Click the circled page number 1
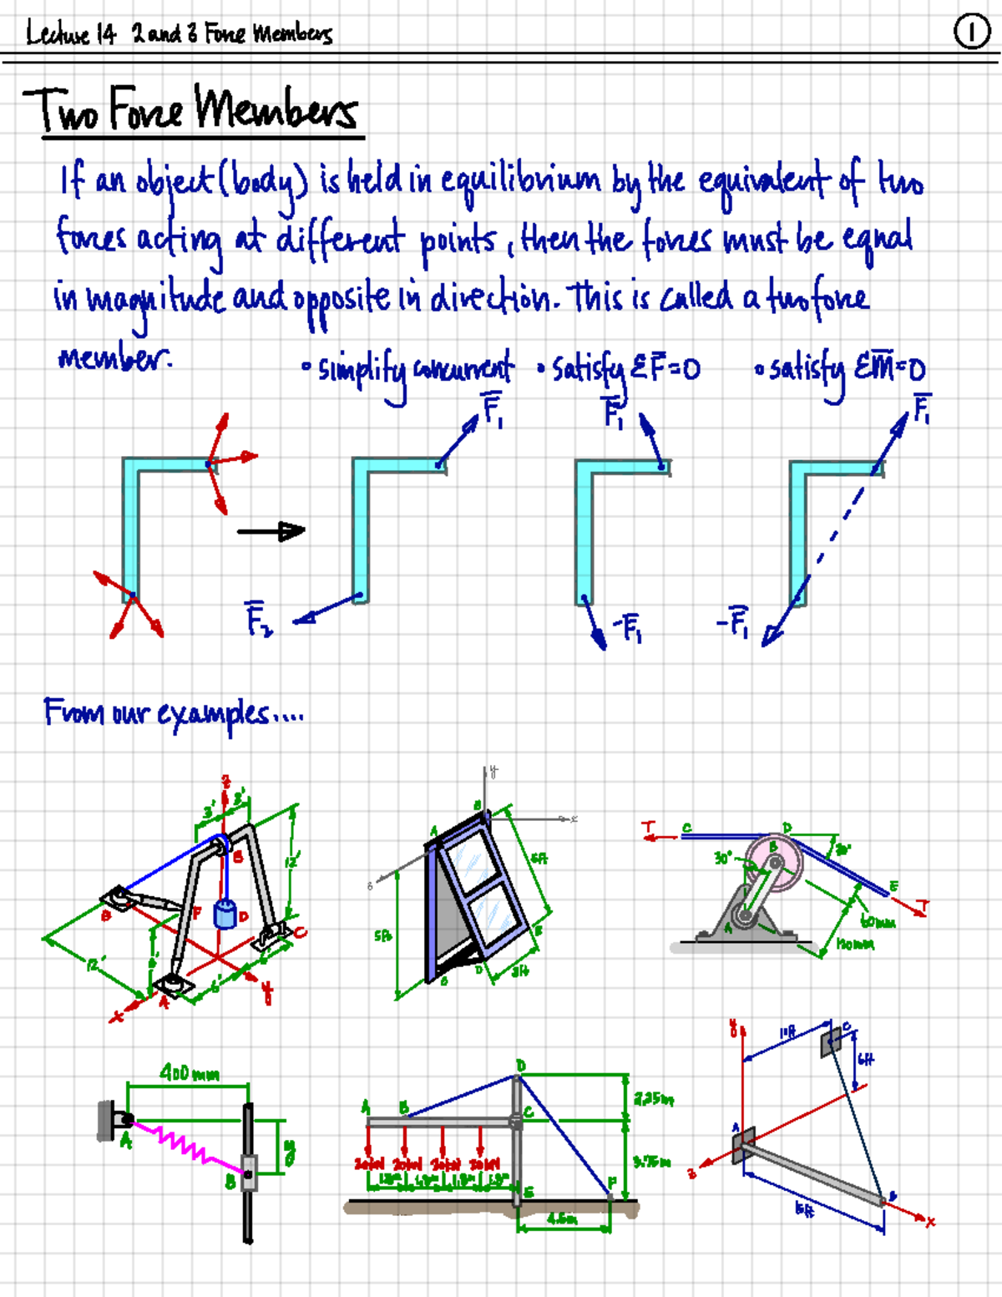pyautogui.click(x=971, y=33)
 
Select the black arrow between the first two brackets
pyautogui.click(x=271, y=530)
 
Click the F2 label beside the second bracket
pyautogui.click(x=258, y=619)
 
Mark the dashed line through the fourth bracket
pyautogui.click(x=835, y=534)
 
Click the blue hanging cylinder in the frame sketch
pyautogui.click(x=225, y=914)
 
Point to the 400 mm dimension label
pyautogui.click(x=190, y=1073)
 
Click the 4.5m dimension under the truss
pyautogui.click(x=562, y=1218)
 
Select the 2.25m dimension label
pyautogui.click(x=653, y=1099)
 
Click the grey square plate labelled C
pyautogui.click(x=832, y=1041)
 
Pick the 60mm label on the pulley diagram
pyautogui.click(x=878, y=922)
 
